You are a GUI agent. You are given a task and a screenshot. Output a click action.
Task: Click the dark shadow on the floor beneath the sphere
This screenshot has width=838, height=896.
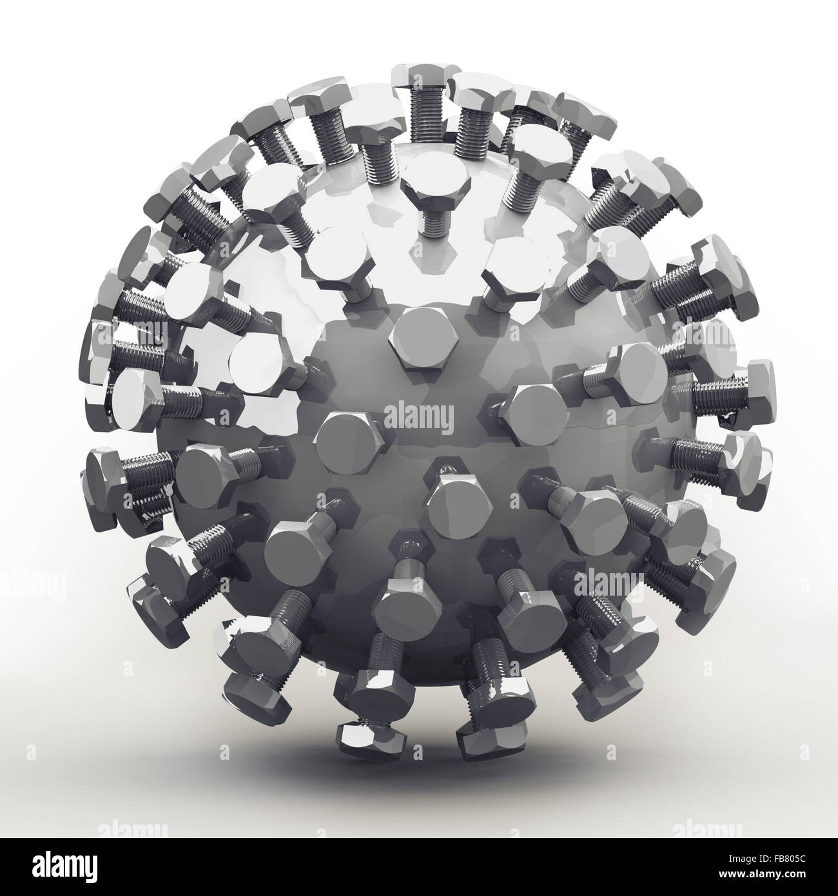[419, 774]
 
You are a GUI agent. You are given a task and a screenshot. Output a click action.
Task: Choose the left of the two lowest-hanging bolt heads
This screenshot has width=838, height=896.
[356, 735]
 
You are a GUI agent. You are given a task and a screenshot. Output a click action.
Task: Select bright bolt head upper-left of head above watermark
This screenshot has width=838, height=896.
[335, 260]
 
